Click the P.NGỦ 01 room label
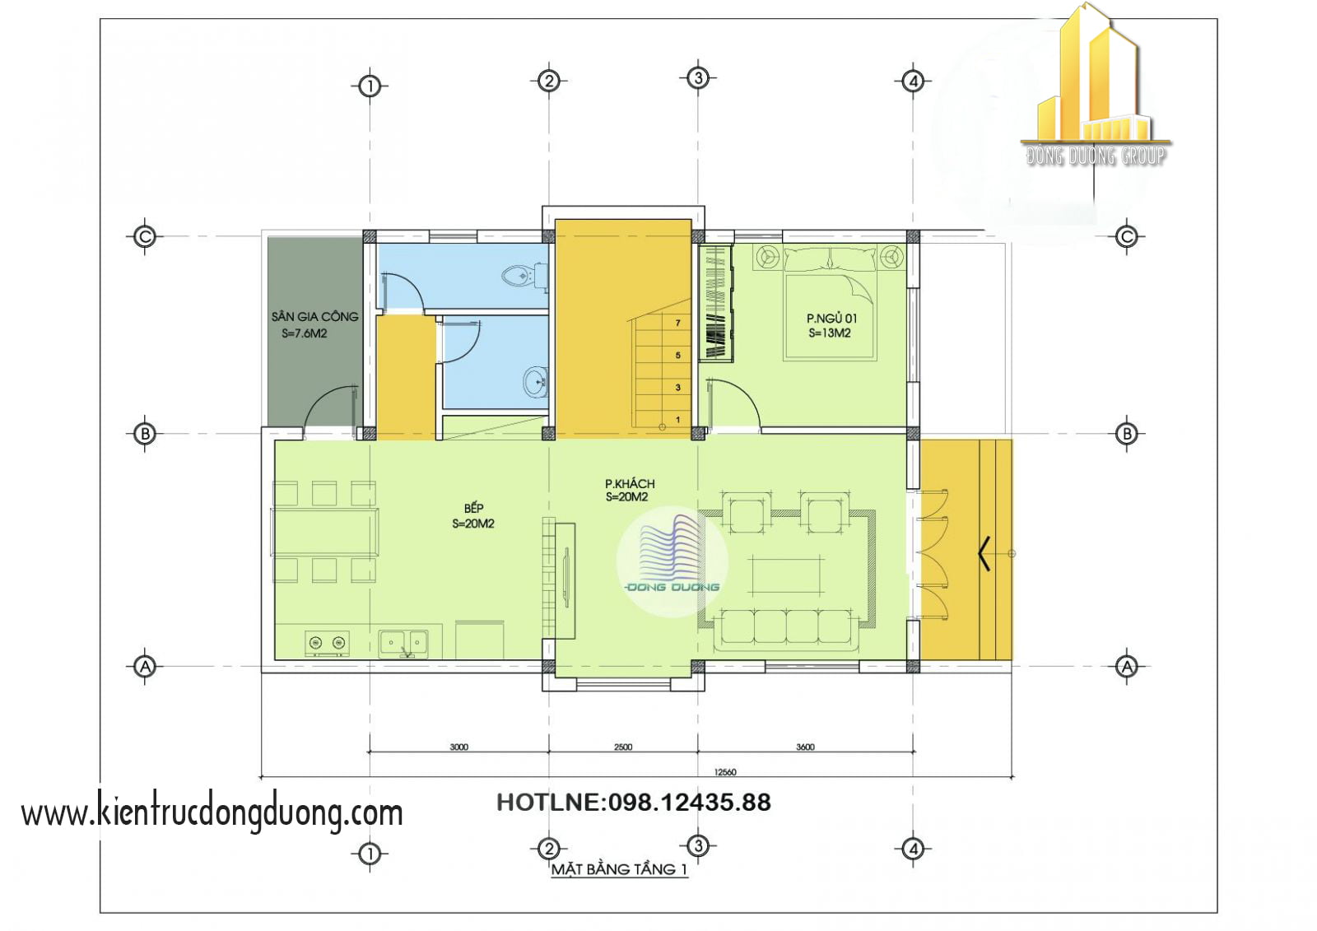(x=831, y=319)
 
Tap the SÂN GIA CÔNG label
(x=314, y=316)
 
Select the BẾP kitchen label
(x=473, y=508)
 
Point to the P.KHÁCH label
(x=630, y=483)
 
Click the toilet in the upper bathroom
(x=524, y=275)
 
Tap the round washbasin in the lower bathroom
(x=535, y=382)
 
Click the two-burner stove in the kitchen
(x=327, y=643)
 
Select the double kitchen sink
(x=403, y=643)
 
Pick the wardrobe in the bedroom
(x=715, y=302)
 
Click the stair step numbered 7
(x=662, y=323)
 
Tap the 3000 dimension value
(x=458, y=747)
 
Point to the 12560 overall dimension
(x=725, y=771)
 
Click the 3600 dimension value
(x=805, y=747)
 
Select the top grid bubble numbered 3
(x=698, y=77)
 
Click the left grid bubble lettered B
(x=145, y=434)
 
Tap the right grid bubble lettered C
(x=1127, y=237)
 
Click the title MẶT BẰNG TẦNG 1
(x=619, y=868)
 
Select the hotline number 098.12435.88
(x=689, y=803)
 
